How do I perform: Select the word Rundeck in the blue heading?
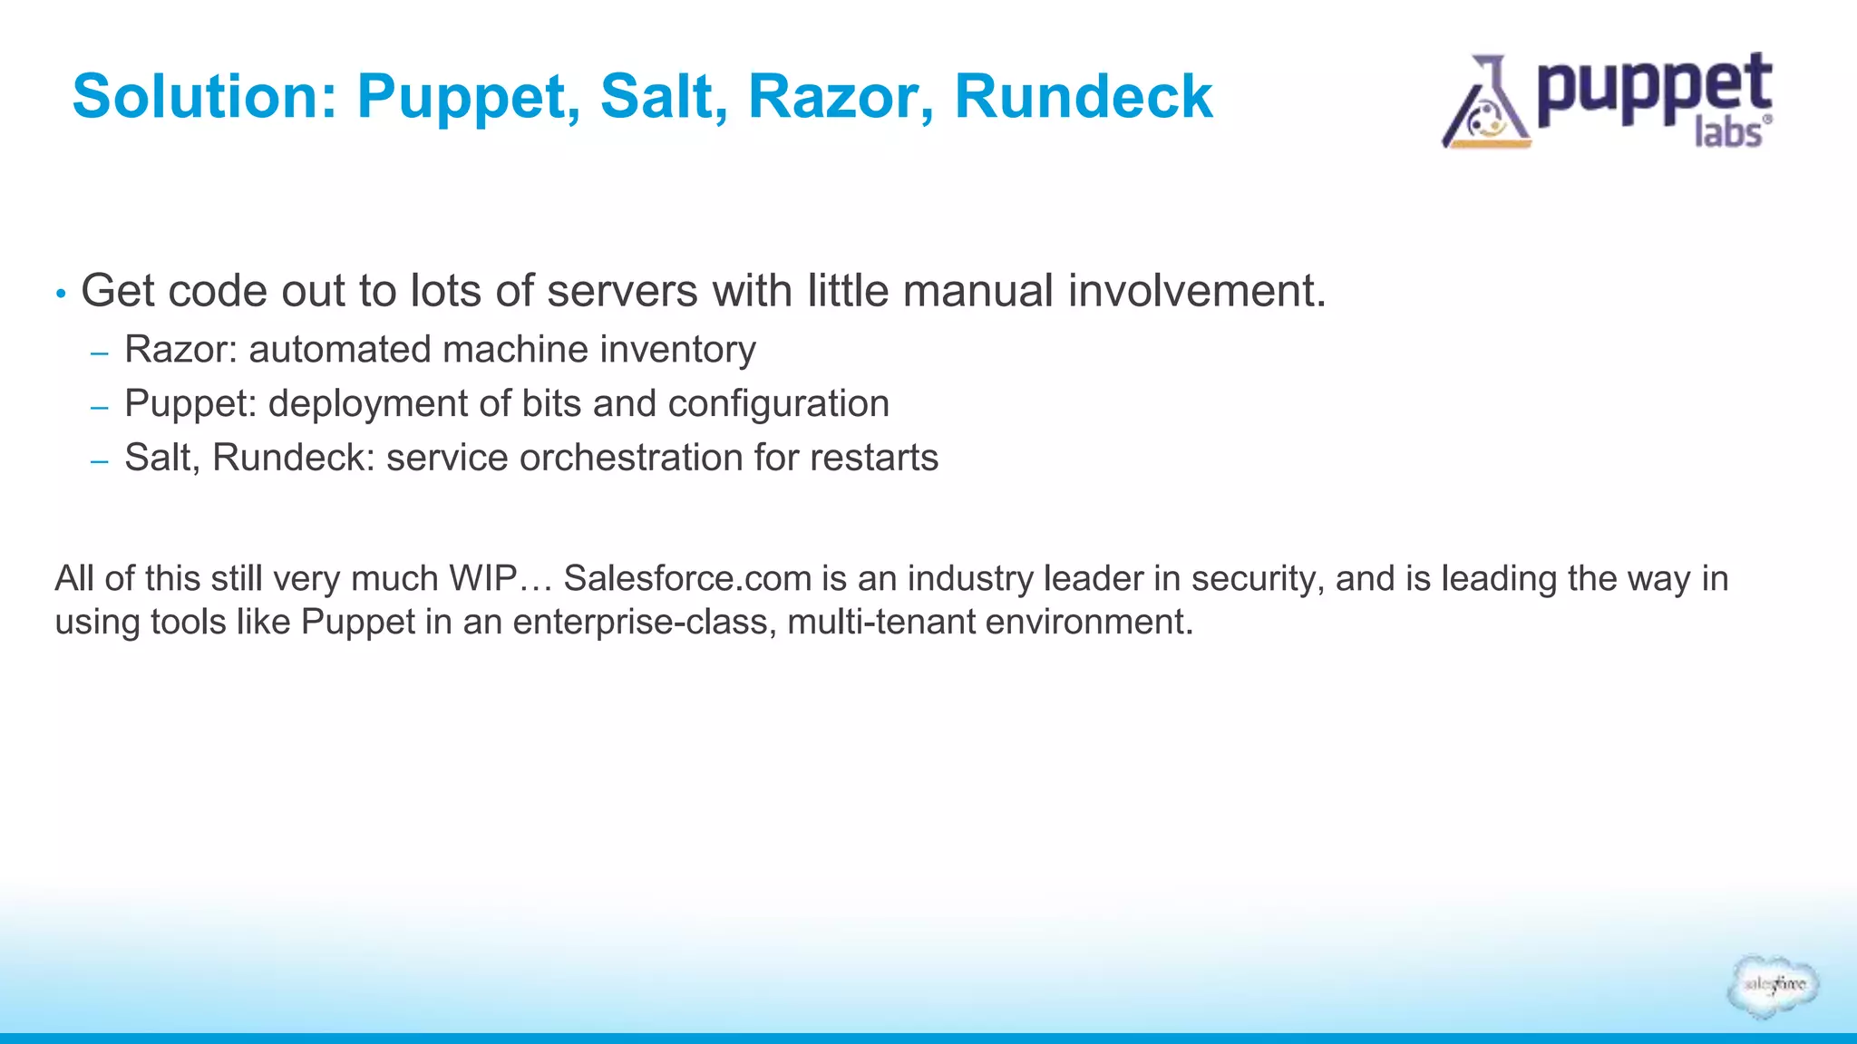click(x=1083, y=96)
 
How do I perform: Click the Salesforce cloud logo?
click(x=1773, y=985)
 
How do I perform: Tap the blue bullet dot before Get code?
click(x=61, y=294)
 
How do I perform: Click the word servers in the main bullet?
click(x=622, y=291)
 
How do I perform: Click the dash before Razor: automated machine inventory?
click(x=100, y=353)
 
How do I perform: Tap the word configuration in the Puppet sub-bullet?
click(x=778, y=404)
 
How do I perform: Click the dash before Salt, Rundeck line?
click(x=100, y=461)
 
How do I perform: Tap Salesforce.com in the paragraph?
click(x=687, y=578)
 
